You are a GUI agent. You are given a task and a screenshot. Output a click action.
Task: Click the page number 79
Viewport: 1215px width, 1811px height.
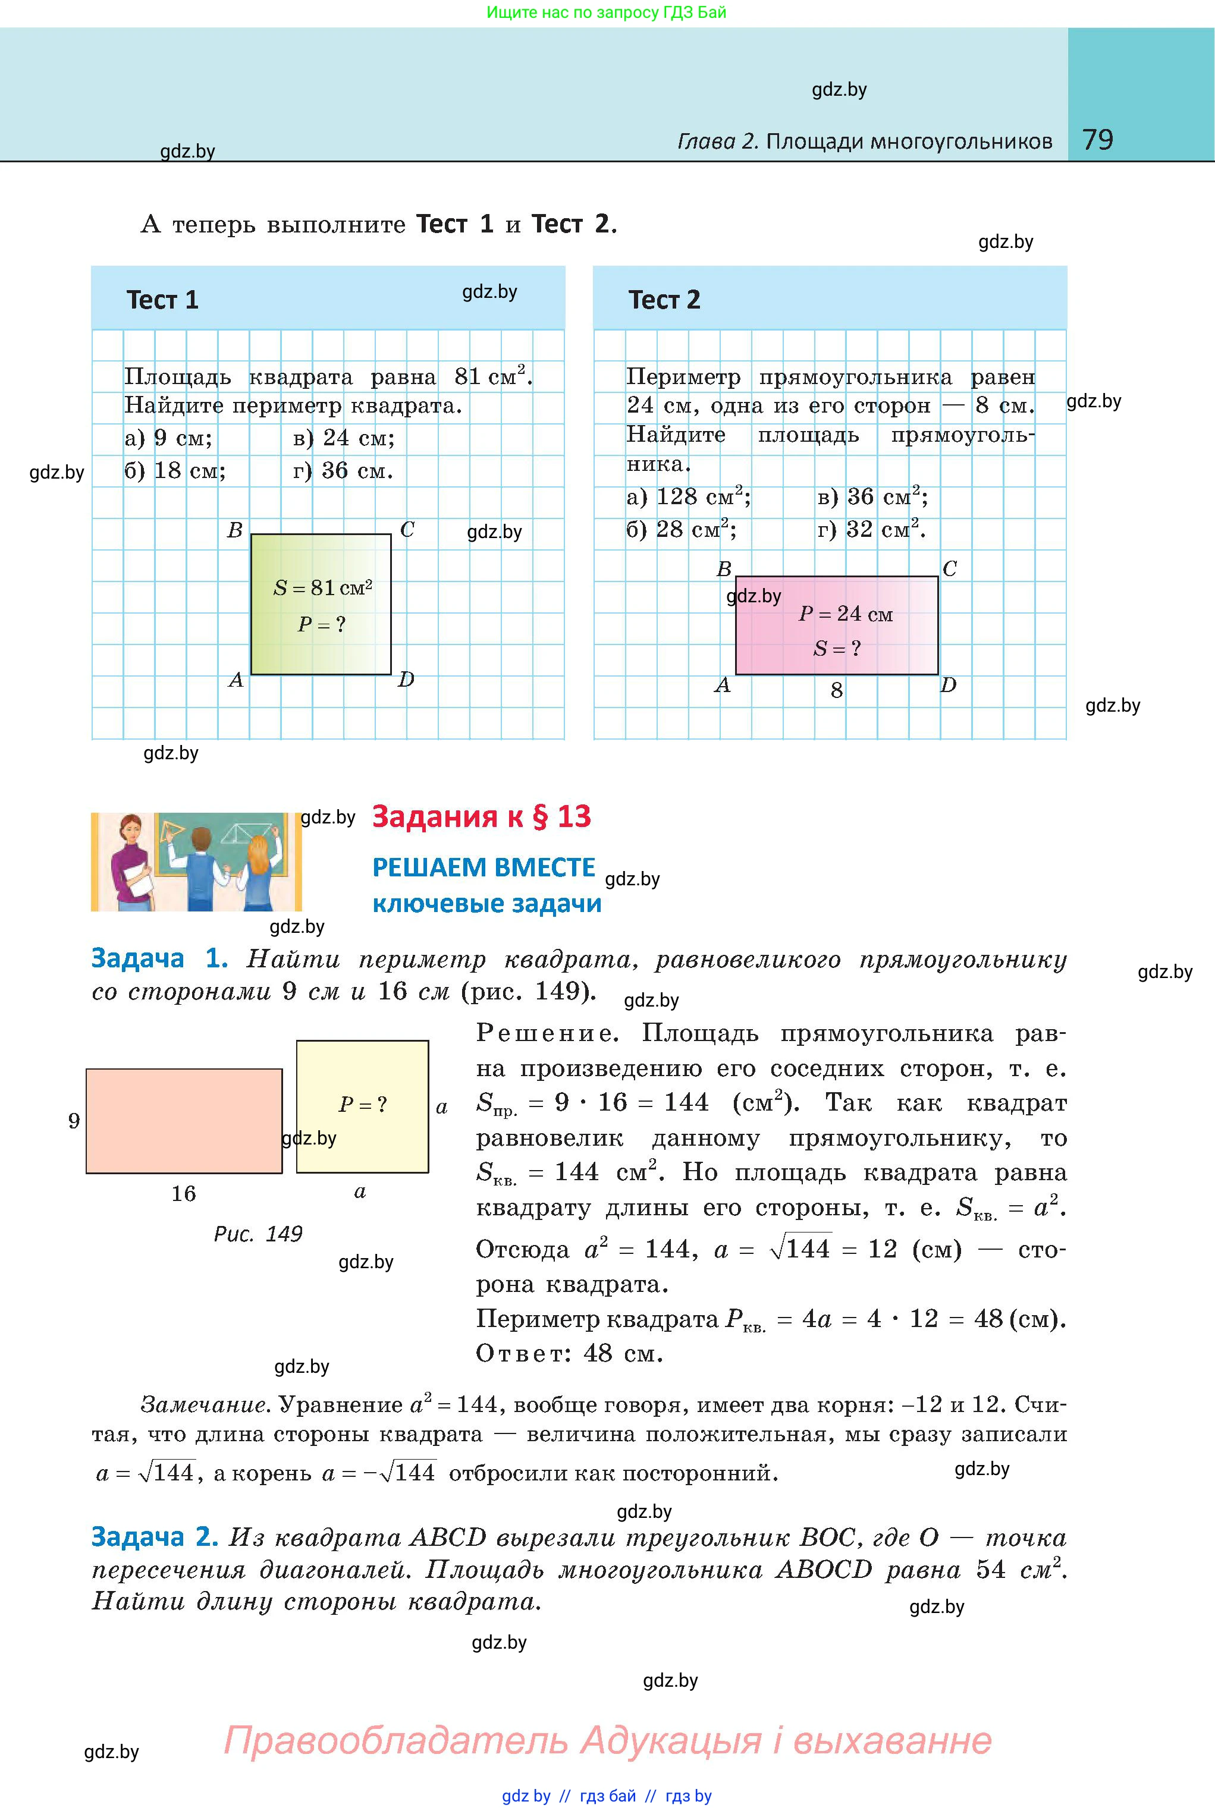point(1097,140)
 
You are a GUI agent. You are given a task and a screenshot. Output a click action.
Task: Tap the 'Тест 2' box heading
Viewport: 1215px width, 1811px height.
point(664,300)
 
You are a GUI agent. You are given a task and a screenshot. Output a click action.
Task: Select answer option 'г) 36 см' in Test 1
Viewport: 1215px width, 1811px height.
point(343,470)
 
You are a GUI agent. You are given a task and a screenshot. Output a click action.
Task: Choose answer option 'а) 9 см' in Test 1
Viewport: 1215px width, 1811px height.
point(168,438)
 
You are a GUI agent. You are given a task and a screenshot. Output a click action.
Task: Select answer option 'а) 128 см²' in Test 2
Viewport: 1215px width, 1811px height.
point(688,496)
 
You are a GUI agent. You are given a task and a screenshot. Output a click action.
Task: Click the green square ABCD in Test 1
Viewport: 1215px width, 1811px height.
point(321,604)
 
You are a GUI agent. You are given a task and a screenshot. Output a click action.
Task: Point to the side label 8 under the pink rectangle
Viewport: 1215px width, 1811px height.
point(836,690)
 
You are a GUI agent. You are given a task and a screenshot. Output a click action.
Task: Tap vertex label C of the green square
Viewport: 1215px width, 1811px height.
point(407,530)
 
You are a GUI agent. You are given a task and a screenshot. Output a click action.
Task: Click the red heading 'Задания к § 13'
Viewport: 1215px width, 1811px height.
point(481,816)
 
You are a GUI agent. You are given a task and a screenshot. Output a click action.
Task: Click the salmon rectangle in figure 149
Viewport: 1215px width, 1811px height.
point(184,1120)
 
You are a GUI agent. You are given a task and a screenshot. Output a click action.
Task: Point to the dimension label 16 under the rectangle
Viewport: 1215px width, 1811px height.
point(184,1194)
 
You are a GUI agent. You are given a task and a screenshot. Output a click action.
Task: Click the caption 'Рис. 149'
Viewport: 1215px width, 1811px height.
point(258,1234)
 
